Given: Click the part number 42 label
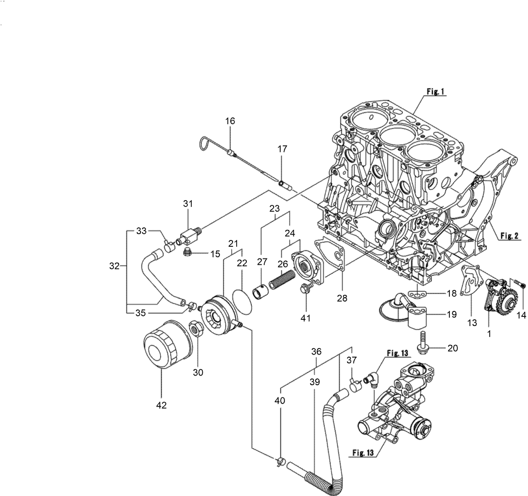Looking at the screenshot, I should (162, 405).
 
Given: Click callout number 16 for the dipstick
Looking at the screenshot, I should (230, 121).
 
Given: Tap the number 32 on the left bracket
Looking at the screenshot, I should (114, 266).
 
